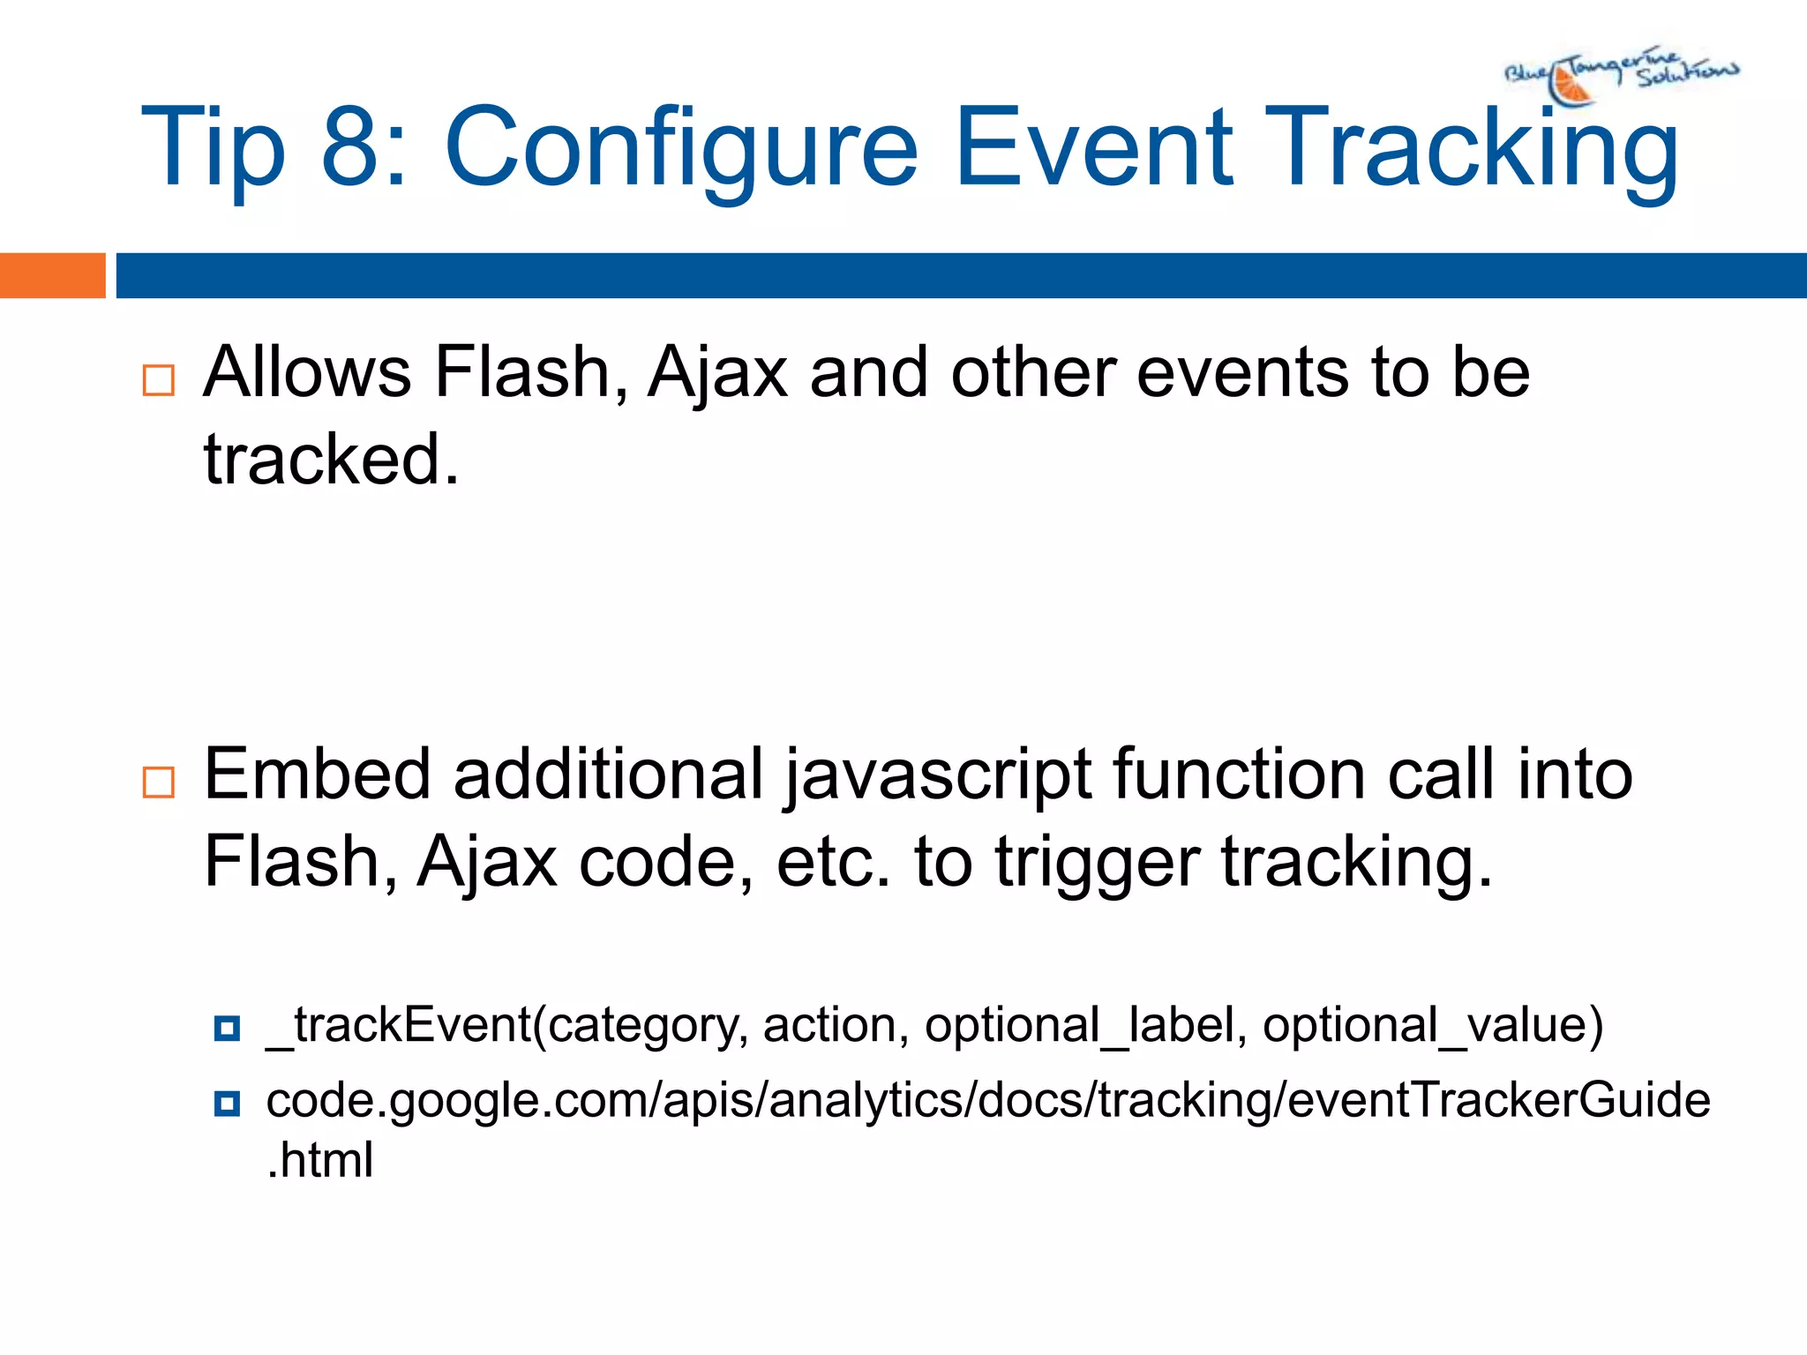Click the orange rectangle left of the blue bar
(x=52, y=275)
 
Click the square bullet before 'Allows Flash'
(x=159, y=380)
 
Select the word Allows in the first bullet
(x=307, y=372)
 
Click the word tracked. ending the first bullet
(x=331, y=460)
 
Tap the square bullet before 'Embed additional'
(x=159, y=782)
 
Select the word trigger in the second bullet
(x=1098, y=863)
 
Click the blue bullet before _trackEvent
(x=227, y=1029)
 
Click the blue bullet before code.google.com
(x=227, y=1103)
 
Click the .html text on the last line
(x=319, y=1160)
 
